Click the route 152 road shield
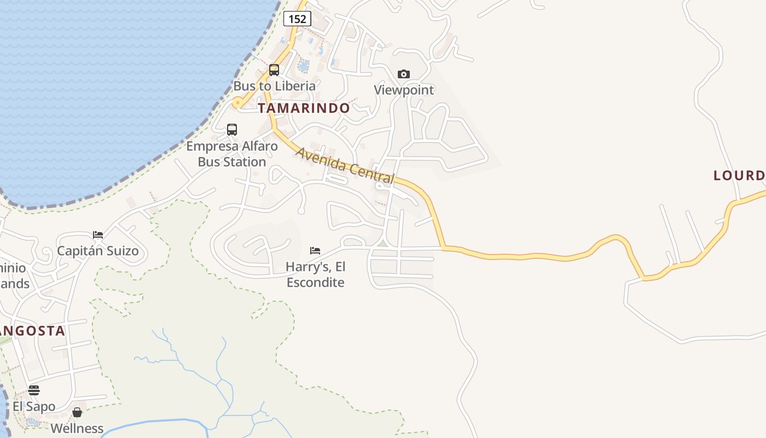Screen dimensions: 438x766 pos(297,19)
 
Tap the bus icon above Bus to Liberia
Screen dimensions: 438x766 pos(274,70)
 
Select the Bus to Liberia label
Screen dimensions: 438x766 pos(275,86)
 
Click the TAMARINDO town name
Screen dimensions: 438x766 pos(304,108)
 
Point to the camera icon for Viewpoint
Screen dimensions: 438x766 pos(404,74)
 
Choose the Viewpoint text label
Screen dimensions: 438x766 pos(404,90)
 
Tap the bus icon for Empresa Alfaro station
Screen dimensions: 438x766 pos(232,130)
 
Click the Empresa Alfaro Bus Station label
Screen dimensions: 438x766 pos(232,154)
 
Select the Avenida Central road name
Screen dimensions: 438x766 pos(345,165)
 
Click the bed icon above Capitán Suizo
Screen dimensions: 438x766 pos(98,235)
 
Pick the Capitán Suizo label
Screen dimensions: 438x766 pos(98,251)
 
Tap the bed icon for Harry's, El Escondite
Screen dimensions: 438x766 pos(315,251)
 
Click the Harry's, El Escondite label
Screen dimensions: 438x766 pos(316,274)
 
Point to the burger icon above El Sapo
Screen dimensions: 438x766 pos(34,390)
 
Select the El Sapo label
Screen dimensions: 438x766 pos(34,406)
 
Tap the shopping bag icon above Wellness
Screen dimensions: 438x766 pos(77,412)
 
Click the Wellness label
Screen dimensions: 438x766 pos(77,428)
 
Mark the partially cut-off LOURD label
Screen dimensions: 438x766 pos(739,175)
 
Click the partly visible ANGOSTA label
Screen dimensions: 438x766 pos(33,331)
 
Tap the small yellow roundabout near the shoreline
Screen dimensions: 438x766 pos(237,102)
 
